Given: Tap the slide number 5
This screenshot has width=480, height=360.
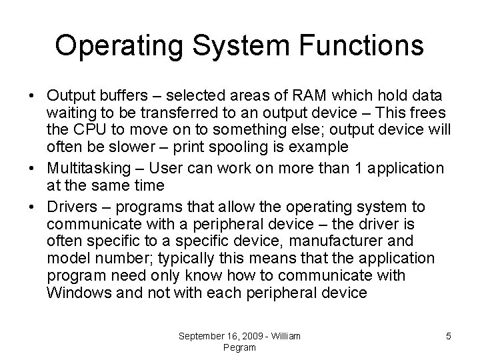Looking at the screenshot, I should [x=449, y=336].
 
